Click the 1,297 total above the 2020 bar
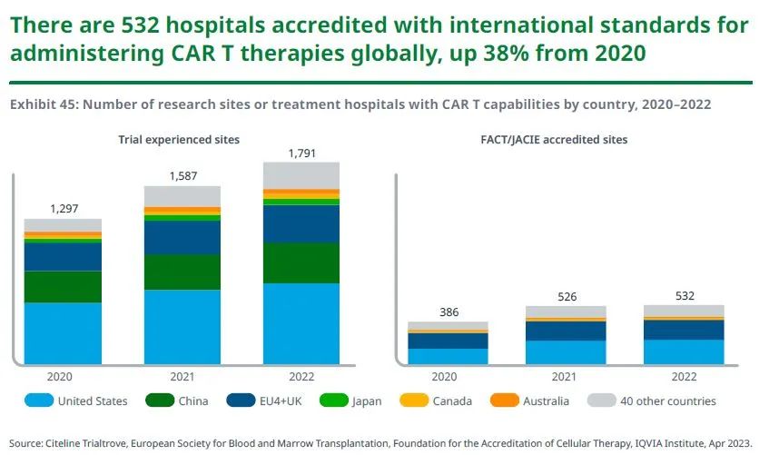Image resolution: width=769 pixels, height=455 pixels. (x=63, y=208)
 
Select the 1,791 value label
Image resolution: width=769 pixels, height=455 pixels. (x=301, y=153)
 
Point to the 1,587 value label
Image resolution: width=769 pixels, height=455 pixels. (x=182, y=176)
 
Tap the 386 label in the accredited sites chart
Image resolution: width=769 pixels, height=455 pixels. (x=448, y=312)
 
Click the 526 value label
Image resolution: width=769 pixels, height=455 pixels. (x=566, y=297)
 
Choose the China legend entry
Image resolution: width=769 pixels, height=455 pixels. (x=178, y=401)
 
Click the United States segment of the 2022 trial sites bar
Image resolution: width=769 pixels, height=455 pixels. (x=301, y=323)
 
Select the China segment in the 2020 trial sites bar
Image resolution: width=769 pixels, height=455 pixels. (x=63, y=286)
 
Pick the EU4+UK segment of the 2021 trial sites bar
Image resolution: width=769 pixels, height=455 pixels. (x=182, y=237)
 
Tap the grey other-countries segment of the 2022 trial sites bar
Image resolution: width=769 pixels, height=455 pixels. (x=301, y=174)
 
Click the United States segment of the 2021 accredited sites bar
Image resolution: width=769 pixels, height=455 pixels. (x=566, y=352)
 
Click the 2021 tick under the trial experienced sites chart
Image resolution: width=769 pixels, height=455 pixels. (x=182, y=375)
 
